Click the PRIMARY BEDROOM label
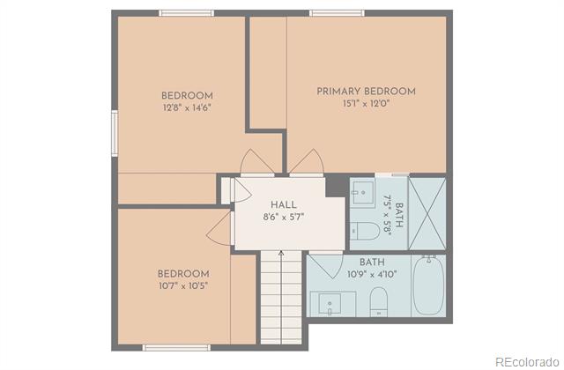366,92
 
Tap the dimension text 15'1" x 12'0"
367,104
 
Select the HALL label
284,205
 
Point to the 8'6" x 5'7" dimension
284,217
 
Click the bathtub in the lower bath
428,285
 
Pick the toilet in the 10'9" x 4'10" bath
379,302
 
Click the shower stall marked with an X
427,213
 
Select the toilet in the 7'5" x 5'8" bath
365,231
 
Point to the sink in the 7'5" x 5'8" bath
362,192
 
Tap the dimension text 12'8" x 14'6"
187,107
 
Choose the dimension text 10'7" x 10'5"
183,285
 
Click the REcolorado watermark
527,362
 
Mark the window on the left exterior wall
115,133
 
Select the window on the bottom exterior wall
176,348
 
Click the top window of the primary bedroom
337,13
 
